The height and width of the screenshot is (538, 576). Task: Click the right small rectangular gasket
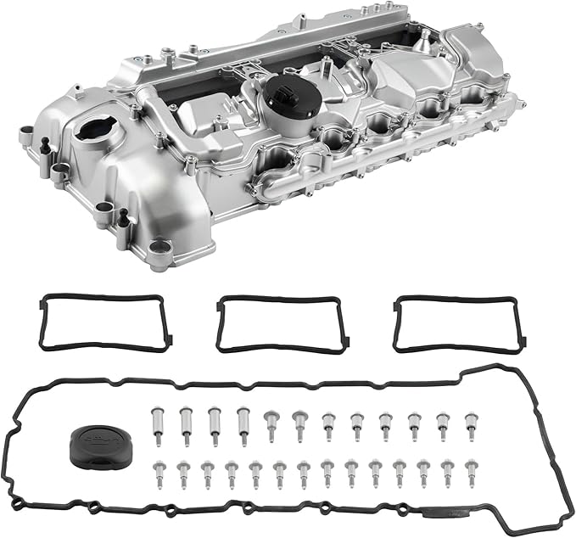coord(456,323)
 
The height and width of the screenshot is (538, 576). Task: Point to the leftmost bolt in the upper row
coord(156,420)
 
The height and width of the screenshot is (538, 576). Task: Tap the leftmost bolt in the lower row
coord(159,472)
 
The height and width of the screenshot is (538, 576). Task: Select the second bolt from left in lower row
coord(183,473)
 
